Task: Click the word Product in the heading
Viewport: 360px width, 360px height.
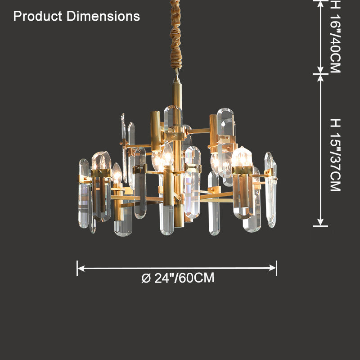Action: tap(38, 17)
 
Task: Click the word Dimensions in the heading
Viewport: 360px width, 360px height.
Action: tap(103, 16)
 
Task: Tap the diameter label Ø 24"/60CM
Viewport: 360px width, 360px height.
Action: tap(178, 278)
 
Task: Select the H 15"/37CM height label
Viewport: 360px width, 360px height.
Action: tap(335, 155)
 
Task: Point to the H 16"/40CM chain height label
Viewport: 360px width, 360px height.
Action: tap(335, 37)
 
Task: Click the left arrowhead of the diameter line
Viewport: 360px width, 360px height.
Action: tap(81, 268)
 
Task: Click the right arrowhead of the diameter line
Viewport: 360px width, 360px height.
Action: tap(273, 268)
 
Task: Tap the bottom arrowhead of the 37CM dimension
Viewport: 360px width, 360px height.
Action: tap(320, 222)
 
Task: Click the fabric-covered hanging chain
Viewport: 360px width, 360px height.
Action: tap(176, 35)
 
